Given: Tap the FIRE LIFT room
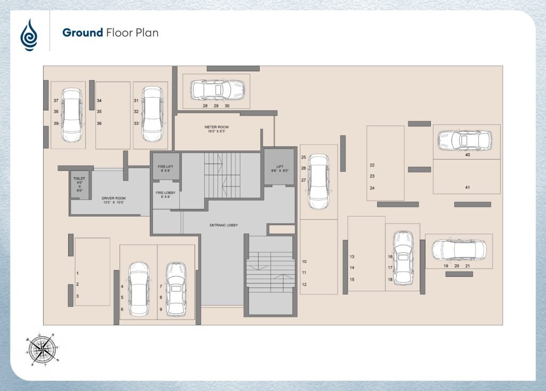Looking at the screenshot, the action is click(x=165, y=167).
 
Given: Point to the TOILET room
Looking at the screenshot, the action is click(x=79, y=185).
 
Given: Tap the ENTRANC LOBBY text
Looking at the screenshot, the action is click(x=223, y=225).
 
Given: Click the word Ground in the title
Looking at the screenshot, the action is click(x=83, y=33).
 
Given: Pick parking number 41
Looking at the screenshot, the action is click(x=467, y=187).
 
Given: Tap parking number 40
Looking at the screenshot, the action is click(x=467, y=155).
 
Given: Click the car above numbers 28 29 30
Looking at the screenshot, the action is click(x=218, y=90).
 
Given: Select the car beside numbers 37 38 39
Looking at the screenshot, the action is click(x=72, y=115).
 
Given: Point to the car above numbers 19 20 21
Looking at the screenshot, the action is click(x=459, y=250).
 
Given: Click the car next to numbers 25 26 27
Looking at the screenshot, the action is click(x=319, y=182).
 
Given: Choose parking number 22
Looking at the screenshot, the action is click(x=372, y=165).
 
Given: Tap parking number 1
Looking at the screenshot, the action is click(x=77, y=273).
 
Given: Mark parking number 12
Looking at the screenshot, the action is click(x=304, y=284).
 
